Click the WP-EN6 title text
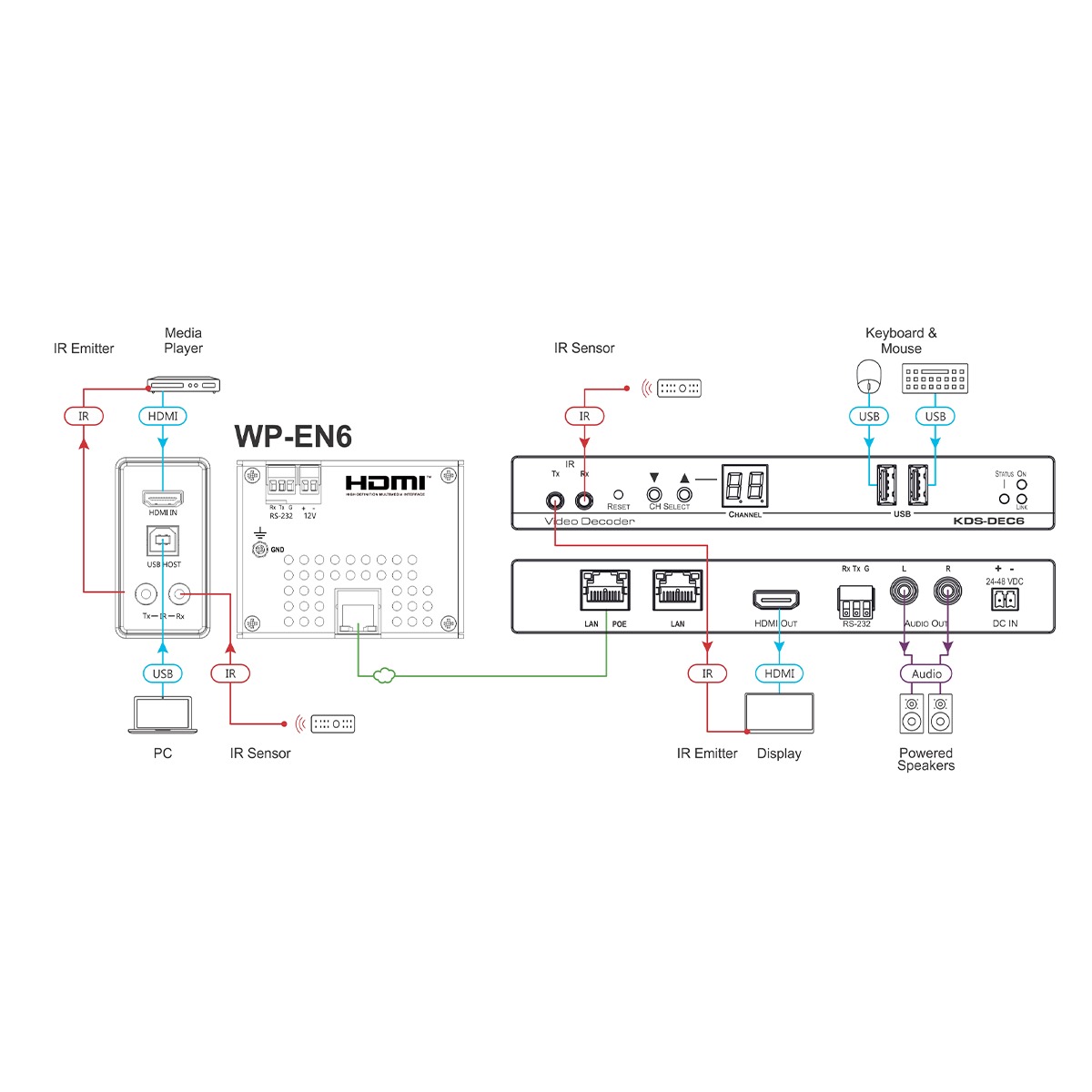[293, 437]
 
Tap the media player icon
[185, 385]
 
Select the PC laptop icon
[162, 715]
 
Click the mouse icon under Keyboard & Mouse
[870, 376]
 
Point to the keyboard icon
[935, 379]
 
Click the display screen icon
[779, 713]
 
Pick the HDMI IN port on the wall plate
[162, 499]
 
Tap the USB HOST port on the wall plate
[163, 542]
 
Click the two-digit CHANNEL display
[744, 486]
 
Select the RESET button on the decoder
[618, 494]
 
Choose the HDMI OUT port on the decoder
[776, 601]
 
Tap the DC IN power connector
[1005, 599]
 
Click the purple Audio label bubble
[926, 673]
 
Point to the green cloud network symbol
[384, 674]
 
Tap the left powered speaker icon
[912, 714]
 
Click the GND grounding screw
[260, 549]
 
